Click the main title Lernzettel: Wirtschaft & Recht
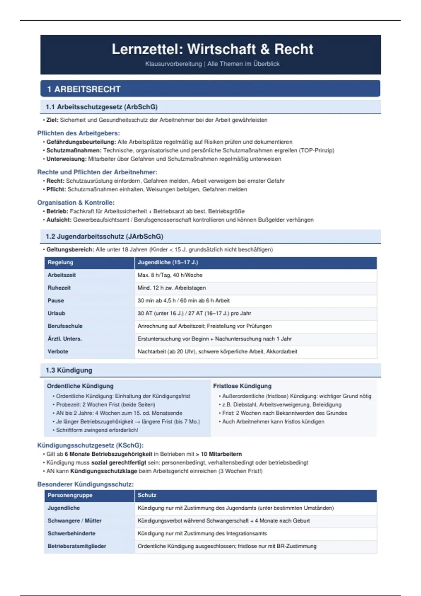(x=212, y=49)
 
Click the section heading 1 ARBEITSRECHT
(x=84, y=89)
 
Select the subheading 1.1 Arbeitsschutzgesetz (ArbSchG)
(x=101, y=107)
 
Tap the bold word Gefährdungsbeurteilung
(x=81, y=142)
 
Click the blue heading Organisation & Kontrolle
(x=76, y=203)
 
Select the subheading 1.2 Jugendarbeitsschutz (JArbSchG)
(x=104, y=237)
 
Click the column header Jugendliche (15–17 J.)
(x=168, y=262)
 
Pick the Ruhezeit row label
(x=59, y=288)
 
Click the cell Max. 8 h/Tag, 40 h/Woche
(x=170, y=275)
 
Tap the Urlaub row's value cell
(x=194, y=313)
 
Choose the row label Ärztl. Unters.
(x=65, y=339)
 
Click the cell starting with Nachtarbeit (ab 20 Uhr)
(x=217, y=352)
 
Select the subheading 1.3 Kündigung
(x=69, y=370)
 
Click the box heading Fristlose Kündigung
(x=242, y=386)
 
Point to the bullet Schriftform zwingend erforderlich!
(x=97, y=430)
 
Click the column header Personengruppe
(x=70, y=495)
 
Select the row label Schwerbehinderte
(x=71, y=534)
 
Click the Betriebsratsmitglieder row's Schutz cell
(x=227, y=546)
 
